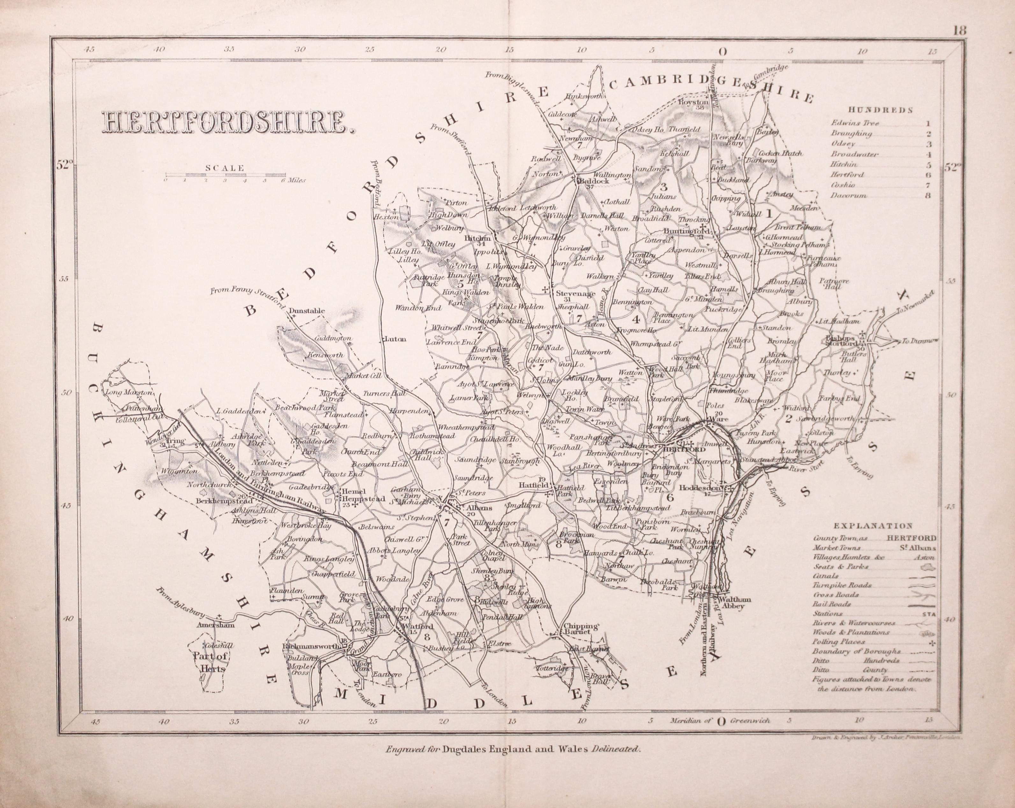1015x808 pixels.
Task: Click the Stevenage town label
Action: pos(569,294)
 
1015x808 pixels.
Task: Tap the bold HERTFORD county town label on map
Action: pos(679,450)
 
